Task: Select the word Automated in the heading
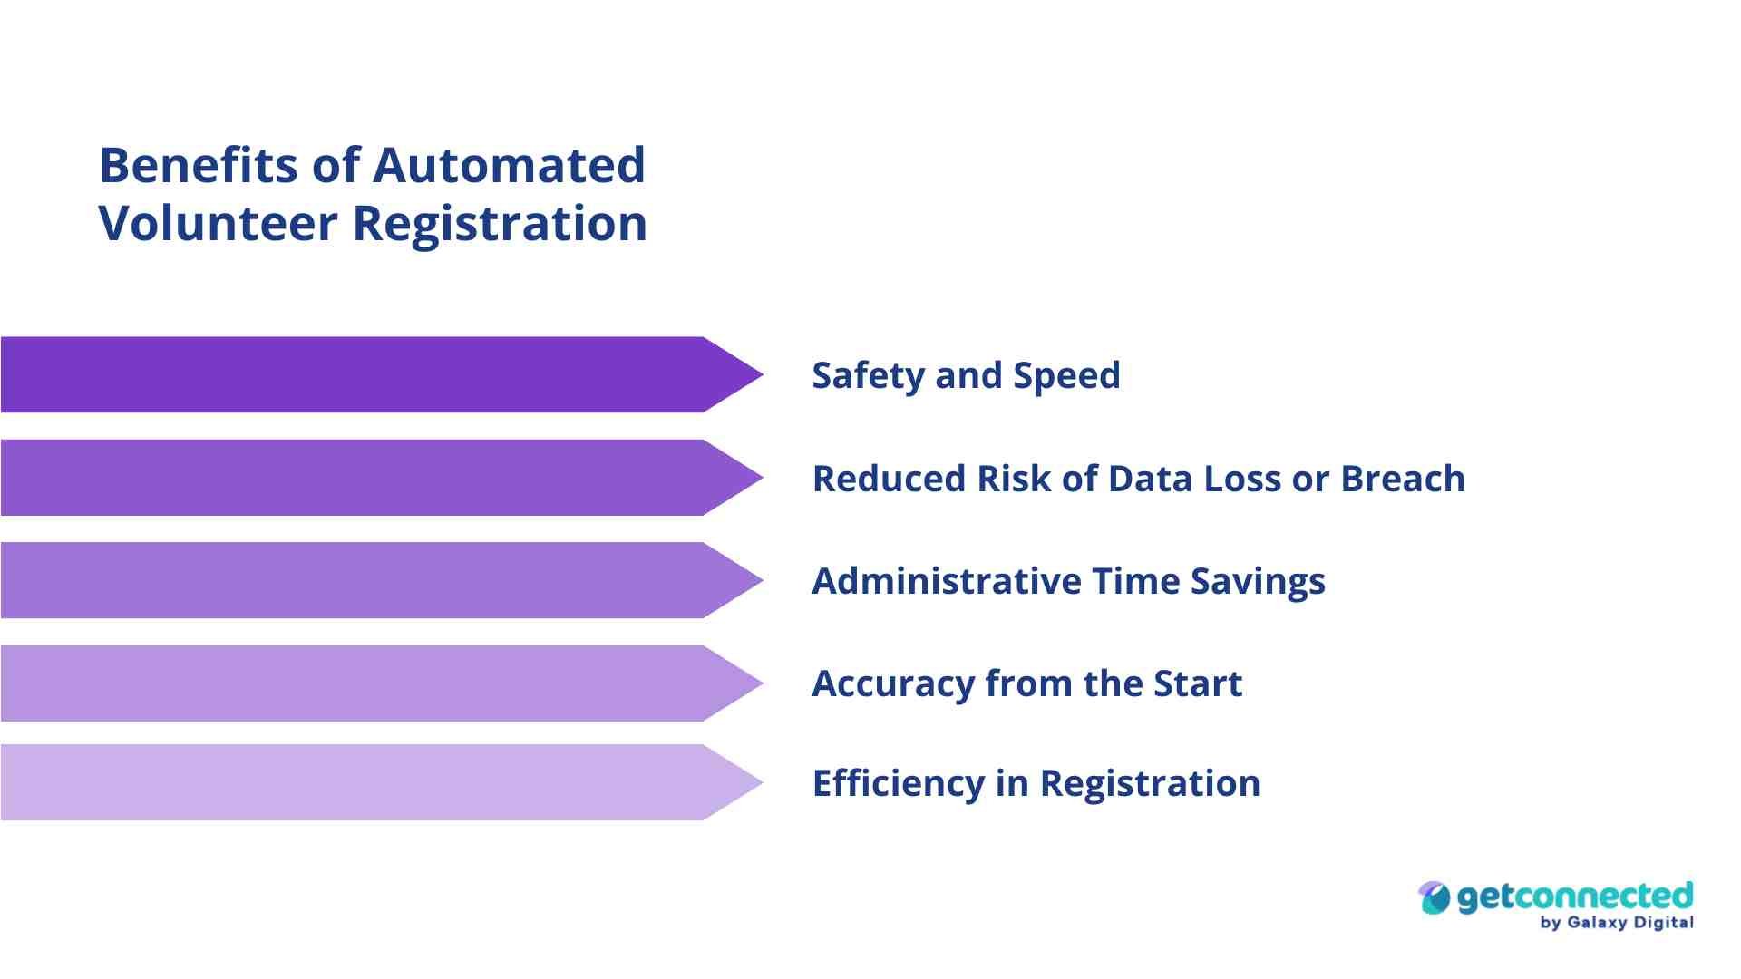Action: click(x=509, y=166)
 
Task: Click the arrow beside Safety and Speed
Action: click(x=382, y=374)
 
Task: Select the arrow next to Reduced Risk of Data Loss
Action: click(x=382, y=478)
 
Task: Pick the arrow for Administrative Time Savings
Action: click(x=382, y=580)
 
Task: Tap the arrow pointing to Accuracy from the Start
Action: click(x=382, y=683)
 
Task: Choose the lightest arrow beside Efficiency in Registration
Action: click(x=382, y=782)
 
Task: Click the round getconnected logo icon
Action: click(x=1435, y=897)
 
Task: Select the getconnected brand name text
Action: click(x=1575, y=898)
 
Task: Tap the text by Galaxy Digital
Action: click(x=1617, y=923)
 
